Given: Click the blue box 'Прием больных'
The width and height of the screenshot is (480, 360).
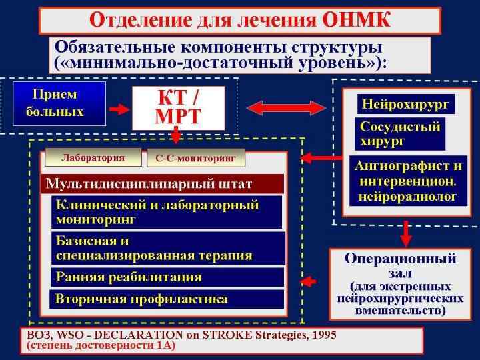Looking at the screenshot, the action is coord(59,103).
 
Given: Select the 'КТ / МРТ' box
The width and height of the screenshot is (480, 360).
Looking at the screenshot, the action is coord(177,107).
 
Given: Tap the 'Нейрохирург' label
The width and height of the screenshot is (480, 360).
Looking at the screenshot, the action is coord(406,104).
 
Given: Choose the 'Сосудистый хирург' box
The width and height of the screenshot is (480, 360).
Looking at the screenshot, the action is coord(401,133).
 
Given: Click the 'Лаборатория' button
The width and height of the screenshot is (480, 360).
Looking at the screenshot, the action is coord(93,158).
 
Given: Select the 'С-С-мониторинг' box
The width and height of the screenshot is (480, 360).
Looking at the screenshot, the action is coord(196,159).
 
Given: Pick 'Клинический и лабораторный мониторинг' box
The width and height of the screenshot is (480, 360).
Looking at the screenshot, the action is coord(167,211).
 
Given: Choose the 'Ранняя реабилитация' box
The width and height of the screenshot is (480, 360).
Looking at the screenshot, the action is coord(167,277).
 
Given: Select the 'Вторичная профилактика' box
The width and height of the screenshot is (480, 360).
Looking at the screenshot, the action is coord(167,299).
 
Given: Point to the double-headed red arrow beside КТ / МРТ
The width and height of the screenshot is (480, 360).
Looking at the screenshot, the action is coord(287,107).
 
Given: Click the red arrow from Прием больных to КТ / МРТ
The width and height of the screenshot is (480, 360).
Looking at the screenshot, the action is coord(119,108).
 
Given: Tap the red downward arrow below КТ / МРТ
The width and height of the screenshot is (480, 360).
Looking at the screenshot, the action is coord(176,137).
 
